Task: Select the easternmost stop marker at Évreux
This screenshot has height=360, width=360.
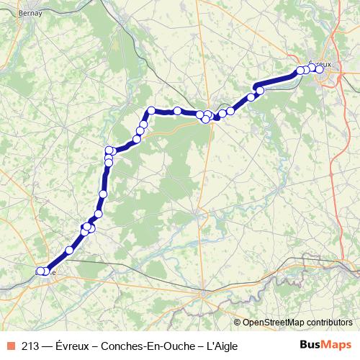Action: point(320,70)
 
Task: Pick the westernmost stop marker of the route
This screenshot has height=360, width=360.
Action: point(40,271)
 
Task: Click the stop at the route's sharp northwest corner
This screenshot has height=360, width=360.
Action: point(151,110)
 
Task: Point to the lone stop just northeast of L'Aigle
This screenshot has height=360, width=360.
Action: point(69,250)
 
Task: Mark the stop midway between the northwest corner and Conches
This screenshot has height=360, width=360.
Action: point(177,111)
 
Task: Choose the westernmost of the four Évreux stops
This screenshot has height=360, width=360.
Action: point(300,71)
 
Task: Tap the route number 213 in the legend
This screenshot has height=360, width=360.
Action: point(31,345)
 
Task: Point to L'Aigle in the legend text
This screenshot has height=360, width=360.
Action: point(220,345)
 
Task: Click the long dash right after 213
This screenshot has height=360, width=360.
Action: point(48,345)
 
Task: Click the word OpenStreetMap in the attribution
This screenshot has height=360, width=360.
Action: point(272,322)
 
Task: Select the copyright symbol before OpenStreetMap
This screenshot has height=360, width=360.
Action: point(238,322)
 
